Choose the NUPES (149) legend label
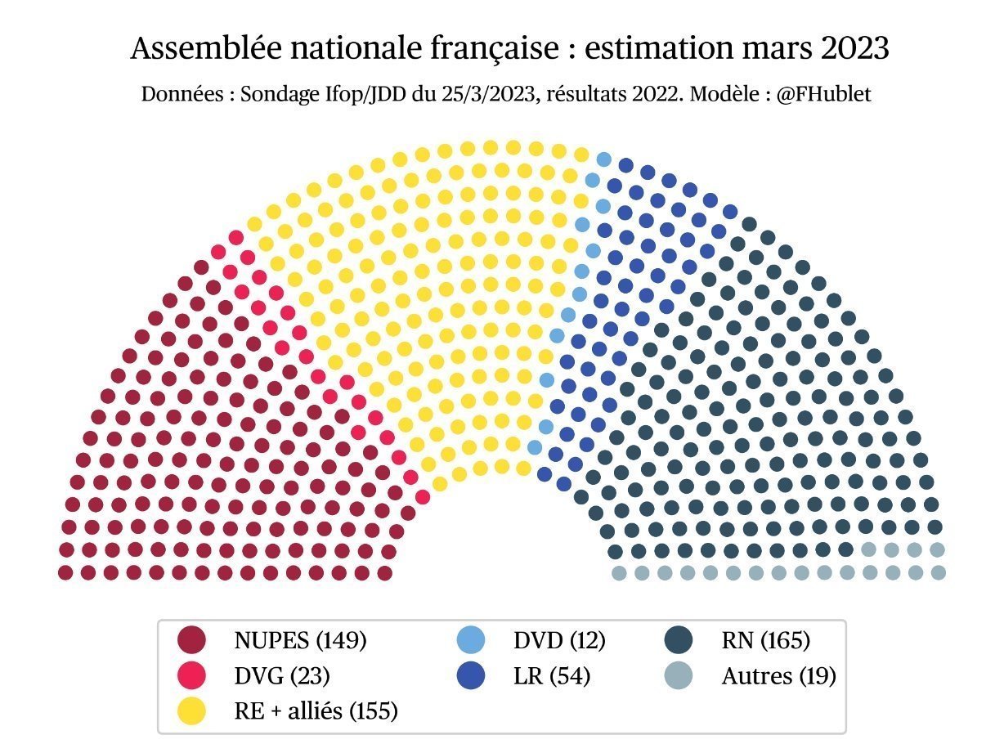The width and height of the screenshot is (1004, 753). [300, 640]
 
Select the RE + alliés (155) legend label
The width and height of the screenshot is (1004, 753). [316, 711]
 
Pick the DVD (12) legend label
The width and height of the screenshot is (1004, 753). [560, 640]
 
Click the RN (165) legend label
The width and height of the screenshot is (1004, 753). [765, 640]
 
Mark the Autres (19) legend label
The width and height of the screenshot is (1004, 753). [778, 675]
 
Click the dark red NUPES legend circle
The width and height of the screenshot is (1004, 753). [191, 640]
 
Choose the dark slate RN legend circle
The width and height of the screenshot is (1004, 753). [679, 640]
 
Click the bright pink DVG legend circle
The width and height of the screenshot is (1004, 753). [191, 675]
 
